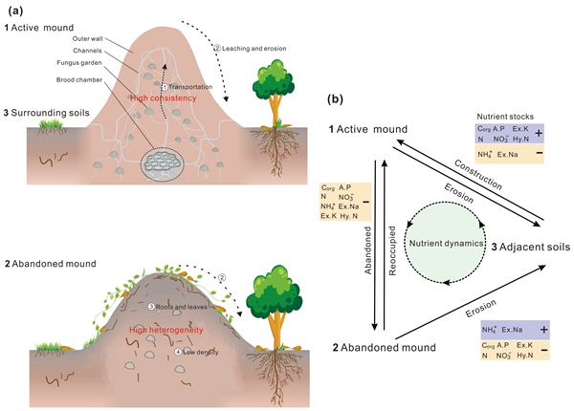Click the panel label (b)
click(x=339, y=97)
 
